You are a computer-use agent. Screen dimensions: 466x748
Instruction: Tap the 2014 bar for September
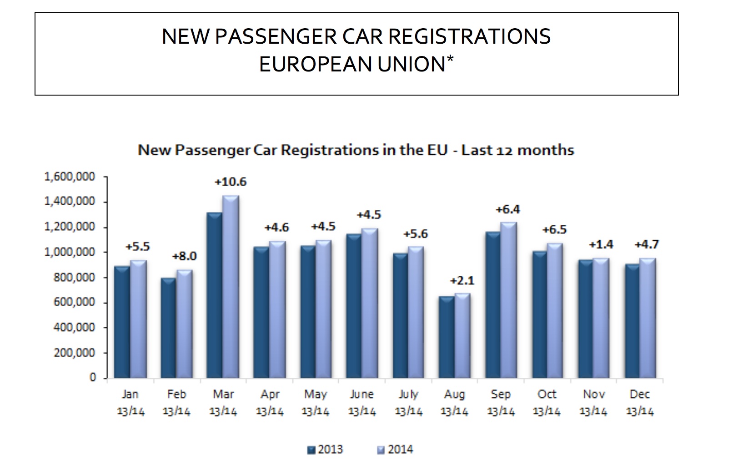509,300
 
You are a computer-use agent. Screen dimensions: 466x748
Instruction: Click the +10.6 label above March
231,182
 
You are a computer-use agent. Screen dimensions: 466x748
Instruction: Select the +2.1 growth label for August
462,280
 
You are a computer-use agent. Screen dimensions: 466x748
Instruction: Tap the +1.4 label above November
601,245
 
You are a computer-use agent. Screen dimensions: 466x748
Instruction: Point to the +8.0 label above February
184,256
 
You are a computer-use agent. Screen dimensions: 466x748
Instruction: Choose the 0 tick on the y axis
92,378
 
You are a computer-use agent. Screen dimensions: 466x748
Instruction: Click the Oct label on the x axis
547,394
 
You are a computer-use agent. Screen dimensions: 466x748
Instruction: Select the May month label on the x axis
315,394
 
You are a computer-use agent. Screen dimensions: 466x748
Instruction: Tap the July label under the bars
408,394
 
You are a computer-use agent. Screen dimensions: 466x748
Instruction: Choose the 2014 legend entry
395,450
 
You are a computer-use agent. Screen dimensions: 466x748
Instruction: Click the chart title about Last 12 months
356,150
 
